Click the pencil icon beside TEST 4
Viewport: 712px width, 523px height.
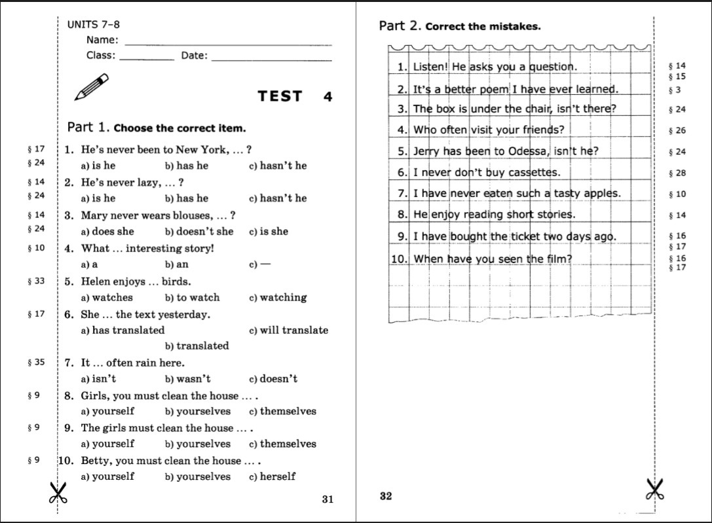click(91, 87)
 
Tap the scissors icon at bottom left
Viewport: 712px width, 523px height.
click(58, 492)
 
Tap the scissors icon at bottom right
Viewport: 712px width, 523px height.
click(655, 490)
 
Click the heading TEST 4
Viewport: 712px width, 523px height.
click(295, 97)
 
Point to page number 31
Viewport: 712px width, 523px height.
click(328, 499)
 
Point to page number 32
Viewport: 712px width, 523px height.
click(386, 496)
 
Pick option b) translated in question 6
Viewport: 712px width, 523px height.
click(197, 346)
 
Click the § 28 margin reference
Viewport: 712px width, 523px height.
click(677, 173)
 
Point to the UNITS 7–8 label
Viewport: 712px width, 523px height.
click(94, 25)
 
